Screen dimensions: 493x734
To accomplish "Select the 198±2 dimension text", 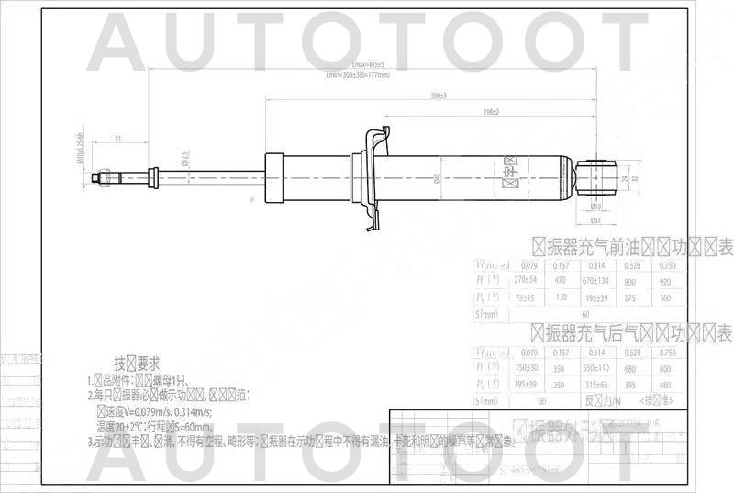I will point(491,112).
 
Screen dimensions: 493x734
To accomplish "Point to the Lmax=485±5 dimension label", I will point(367,64).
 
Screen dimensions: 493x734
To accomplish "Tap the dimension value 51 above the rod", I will point(119,138).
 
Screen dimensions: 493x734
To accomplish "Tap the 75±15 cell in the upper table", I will point(526,297).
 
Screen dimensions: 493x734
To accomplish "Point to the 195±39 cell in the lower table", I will point(526,385).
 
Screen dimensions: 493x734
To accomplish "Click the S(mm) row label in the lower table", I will point(488,401).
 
